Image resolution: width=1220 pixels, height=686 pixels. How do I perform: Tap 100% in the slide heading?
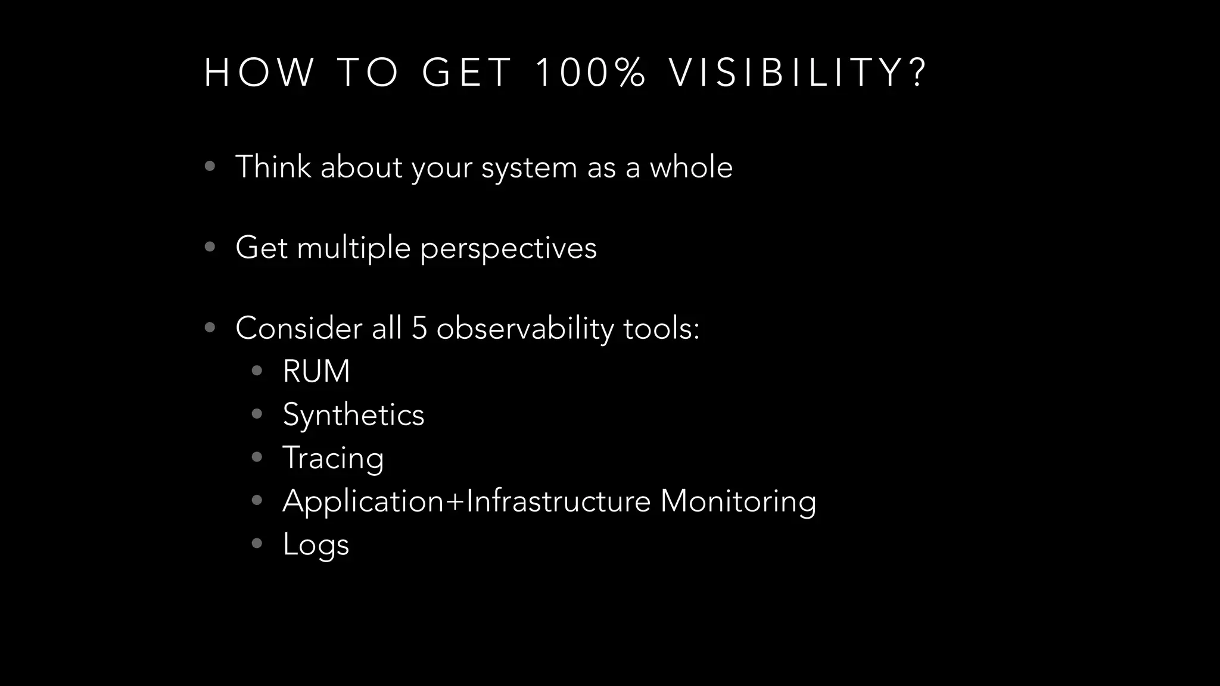pyautogui.click(x=590, y=73)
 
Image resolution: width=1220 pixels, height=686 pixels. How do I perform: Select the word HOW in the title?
pyautogui.click(x=259, y=73)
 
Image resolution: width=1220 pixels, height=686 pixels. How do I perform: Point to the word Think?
pyautogui.click(x=273, y=167)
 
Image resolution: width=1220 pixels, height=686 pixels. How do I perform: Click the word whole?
pyautogui.click(x=690, y=167)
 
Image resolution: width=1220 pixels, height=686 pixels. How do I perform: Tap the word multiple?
pyautogui.click(x=353, y=248)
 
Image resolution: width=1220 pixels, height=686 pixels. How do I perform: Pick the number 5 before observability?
pyautogui.click(x=419, y=328)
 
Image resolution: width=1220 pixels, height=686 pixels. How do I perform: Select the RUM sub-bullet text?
pyautogui.click(x=316, y=372)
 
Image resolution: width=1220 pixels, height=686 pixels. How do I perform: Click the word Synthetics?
pyautogui.click(x=353, y=415)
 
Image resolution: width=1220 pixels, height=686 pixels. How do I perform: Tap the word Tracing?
pyautogui.click(x=333, y=459)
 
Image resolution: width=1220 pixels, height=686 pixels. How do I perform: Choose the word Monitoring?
pyautogui.click(x=737, y=501)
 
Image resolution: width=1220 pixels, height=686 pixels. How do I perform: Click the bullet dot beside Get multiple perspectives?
pyautogui.click(x=210, y=247)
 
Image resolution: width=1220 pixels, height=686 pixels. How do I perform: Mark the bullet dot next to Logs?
pyautogui.click(x=257, y=544)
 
